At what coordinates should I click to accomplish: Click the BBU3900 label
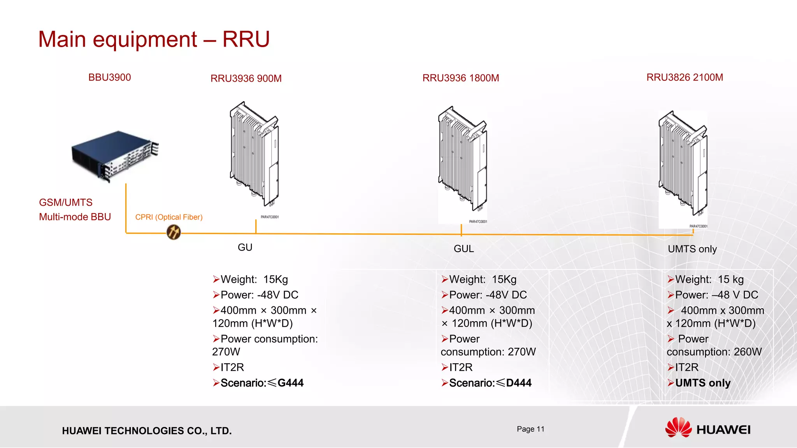109,77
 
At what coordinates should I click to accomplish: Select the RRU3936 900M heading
246,79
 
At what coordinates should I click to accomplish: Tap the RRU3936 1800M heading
460,78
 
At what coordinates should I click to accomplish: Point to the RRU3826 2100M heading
685,77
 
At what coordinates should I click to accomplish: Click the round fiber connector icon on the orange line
174,232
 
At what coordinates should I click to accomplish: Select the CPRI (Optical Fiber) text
169,217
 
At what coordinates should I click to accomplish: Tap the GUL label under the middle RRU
463,249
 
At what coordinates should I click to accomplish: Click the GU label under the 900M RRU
245,248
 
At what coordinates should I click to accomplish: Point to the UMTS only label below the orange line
692,249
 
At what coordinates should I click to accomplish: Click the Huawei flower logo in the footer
678,428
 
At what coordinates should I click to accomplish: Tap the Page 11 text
530,429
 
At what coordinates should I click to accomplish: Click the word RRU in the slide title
246,39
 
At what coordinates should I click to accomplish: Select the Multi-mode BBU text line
75,217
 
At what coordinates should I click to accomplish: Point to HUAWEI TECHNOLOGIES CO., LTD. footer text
147,431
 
